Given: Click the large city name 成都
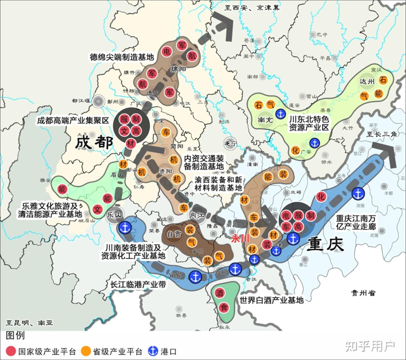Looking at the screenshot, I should click(94, 143).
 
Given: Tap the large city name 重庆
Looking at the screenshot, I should click(325, 244).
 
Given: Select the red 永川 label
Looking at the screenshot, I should click(240, 239).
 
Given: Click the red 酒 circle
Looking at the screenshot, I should click(219, 293).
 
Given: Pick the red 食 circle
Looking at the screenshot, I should click(224, 307).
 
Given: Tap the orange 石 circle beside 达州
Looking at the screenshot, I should click(383, 80).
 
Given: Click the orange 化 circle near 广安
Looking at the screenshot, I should click(296, 150).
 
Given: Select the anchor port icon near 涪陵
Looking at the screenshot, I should click(358, 193).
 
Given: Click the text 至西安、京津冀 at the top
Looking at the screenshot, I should click(252, 8).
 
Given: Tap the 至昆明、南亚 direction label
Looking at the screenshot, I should click(29, 323).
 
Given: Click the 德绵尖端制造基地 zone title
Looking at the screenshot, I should click(121, 57).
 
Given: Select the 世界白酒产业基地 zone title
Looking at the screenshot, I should click(272, 300).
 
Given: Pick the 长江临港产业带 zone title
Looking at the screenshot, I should click(138, 285).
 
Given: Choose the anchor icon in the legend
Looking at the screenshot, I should click(153, 351).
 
